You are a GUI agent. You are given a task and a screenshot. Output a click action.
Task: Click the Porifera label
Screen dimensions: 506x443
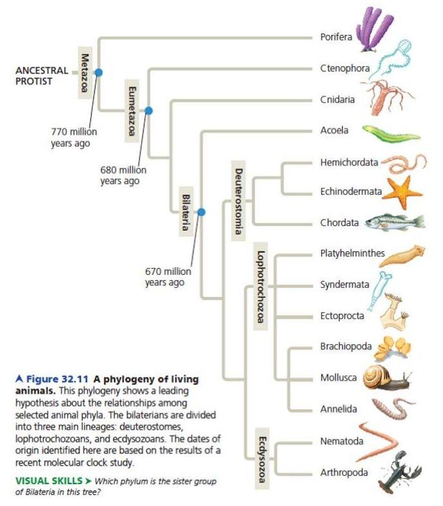pos(336,37)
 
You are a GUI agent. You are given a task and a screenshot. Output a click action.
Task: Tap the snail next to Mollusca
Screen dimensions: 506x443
pos(384,378)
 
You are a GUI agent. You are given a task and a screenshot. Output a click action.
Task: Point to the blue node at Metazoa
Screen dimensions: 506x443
pos(98,73)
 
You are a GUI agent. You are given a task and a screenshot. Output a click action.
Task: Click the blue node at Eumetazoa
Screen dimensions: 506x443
pos(149,110)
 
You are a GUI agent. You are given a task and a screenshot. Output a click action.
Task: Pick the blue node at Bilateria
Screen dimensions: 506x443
pos(201,211)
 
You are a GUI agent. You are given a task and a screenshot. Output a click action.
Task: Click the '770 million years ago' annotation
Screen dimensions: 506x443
pos(73,137)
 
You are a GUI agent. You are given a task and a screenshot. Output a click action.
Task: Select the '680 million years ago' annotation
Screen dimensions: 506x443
pos(123,175)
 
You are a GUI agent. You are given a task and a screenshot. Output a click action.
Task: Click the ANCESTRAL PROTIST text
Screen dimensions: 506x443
pos(42,76)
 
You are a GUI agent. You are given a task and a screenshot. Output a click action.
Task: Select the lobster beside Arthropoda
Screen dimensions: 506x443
pos(399,471)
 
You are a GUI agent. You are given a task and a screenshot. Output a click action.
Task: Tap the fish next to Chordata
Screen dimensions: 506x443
pos(393,222)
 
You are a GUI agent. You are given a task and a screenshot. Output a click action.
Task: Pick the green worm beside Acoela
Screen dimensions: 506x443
pos(390,133)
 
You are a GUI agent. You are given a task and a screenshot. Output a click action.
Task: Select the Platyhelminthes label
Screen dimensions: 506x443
pos(352,253)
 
